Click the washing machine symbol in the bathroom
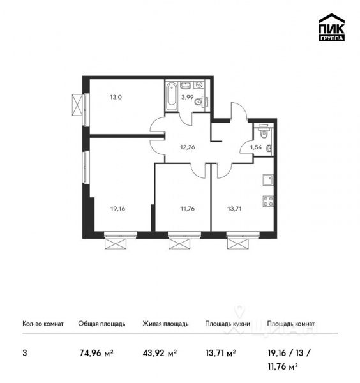point(199,85)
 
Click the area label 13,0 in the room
point(117,98)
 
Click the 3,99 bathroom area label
point(188,98)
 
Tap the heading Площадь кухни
point(226,324)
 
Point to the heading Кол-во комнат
point(43,324)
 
